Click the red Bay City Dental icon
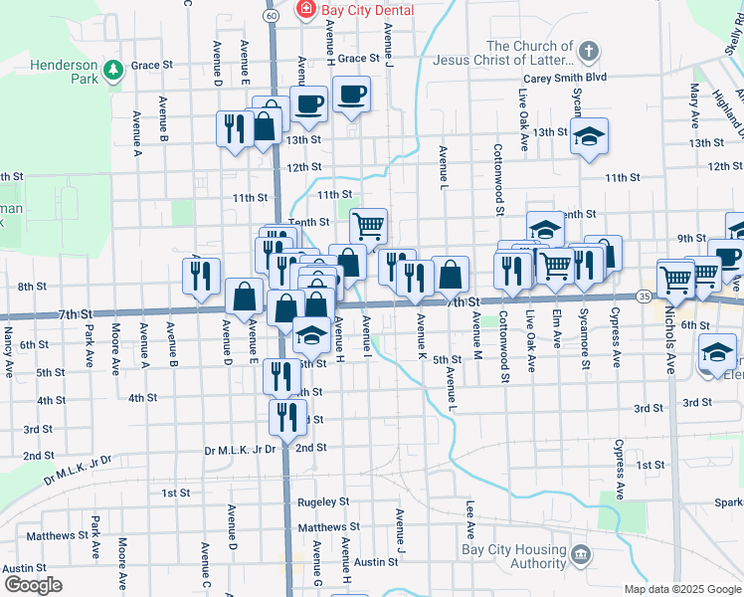pyautogui.click(x=306, y=10)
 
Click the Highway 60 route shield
pyautogui.click(x=272, y=16)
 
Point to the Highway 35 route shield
pyautogui.click(x=646, y=297)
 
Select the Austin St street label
pyautogui.click(x=376, y=562)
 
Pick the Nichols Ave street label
pyautogui.click(x=671, y=349)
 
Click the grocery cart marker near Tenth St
pyautogui.click(x=368, y=226)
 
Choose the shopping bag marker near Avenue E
pyautogui.click(x=245, y=296)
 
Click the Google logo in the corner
pyautogui.click(x=33, y=585)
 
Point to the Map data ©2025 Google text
pyautogui.click(x=682, y=589)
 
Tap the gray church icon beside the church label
pyautogui.click(x=589, y=51)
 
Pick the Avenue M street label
pyautogui.click(x=477, y=331)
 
